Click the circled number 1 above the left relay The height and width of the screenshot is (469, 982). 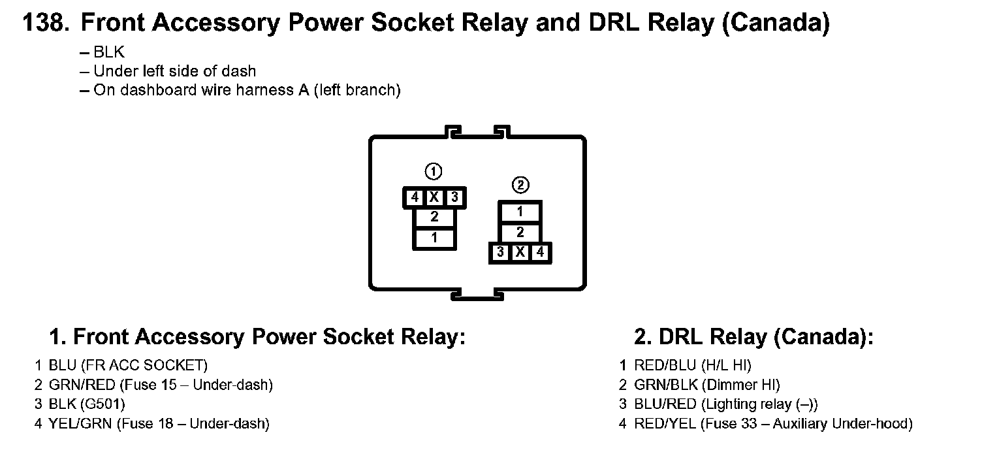click(x=434, y=171)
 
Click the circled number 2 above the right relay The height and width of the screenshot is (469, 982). click(x=520, y=185)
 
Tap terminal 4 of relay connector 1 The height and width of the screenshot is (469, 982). click(x=414, y=197)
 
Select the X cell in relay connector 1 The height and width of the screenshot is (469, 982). click(x=434, y=197)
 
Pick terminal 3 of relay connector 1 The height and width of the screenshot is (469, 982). click(x=454, y=197)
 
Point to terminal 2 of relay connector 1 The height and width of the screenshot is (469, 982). click(x=434, y=217)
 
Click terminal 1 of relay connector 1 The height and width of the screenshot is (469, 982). click(x=434, y=238)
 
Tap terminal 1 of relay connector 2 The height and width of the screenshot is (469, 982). click(x=520, y=212)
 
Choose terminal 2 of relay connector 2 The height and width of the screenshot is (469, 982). click(x=520, y=233)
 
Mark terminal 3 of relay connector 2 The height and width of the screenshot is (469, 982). click(x=500, y=252)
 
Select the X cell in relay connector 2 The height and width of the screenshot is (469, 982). click(x=520, y=252)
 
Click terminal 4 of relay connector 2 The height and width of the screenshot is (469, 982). click(x=540, y=252)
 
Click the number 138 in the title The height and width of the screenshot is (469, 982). click(x=46, y=22)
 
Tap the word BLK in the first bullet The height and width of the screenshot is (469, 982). click(x=109, y=52)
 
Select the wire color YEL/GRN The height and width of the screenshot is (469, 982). click(x=80, y=423)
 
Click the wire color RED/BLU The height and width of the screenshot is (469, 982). click(x=665, y=365)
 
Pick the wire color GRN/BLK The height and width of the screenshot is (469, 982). click(x=666, y=385)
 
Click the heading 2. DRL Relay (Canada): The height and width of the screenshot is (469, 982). click(x=753, y=337)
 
